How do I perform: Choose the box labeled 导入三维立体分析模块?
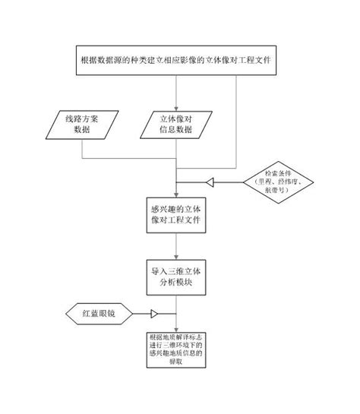pyautogui.click(x=175, y=277)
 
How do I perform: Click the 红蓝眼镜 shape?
pyautogui.click(x=96, y=313)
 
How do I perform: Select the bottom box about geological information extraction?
pyautogui.click(x=176, y=350)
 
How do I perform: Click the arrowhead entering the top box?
pyautogui.click(x=175, y=42)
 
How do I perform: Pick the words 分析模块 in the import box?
pyautogui.click(x=175, y=283)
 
